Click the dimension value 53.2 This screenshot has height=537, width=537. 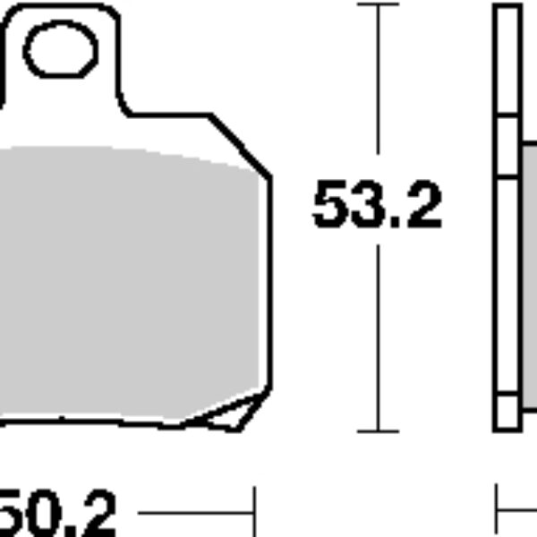378,207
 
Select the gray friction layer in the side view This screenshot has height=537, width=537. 529,268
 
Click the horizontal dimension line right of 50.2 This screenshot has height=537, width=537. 188,513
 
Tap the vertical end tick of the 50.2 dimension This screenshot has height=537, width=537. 255,512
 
